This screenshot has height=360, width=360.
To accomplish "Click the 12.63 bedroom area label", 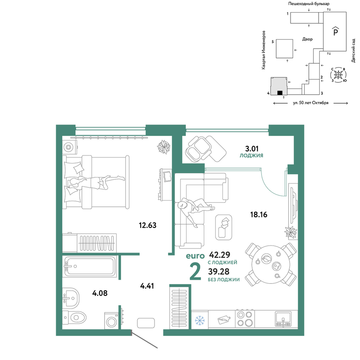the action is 148,225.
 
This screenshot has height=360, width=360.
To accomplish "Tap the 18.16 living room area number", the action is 259,215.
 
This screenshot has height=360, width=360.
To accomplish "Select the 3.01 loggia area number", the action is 252,149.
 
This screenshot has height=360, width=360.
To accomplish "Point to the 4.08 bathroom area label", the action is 100,293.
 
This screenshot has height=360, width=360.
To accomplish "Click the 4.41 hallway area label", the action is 147,286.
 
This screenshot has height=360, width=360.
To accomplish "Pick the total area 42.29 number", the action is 220,255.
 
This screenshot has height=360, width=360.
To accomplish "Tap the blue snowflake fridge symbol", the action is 200,320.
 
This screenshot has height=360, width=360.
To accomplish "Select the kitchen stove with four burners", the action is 245,319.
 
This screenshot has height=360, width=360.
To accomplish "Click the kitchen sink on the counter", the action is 283,319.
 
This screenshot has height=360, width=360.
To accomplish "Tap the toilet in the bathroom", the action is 74,318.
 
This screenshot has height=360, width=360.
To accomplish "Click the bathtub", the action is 90,266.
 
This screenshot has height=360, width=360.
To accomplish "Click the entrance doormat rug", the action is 146,323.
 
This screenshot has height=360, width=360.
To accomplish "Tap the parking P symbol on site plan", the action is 336,31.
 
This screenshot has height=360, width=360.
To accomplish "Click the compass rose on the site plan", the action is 338,75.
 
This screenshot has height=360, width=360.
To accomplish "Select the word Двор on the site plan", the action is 307,39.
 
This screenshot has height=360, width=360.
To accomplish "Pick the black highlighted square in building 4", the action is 280,93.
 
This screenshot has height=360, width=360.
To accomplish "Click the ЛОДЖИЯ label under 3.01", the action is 251,156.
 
